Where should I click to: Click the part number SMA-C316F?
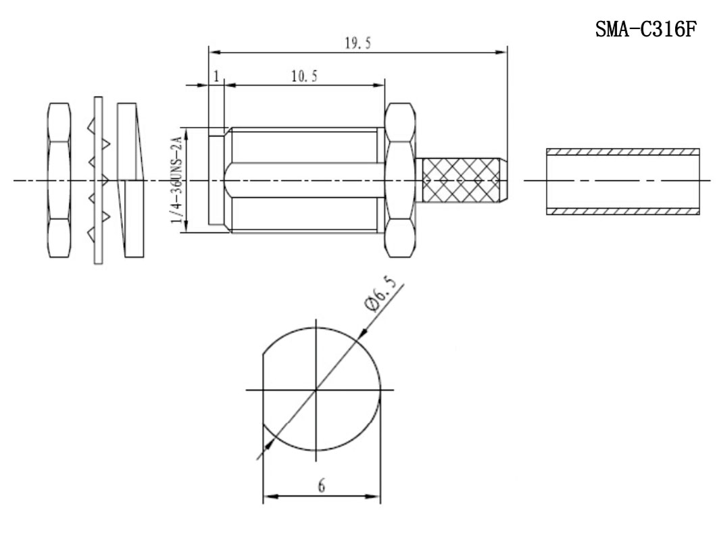pyautogui.click(x=645, y=29)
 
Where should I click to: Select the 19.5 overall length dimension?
pyautogui.click(x=357, y=43)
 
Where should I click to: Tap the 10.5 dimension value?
pyautogui.click(x=304, y=76)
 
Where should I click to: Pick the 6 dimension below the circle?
pyautogui.click(x=322, y=486)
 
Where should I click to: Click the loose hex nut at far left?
pyautogui.click(x=59, y=180)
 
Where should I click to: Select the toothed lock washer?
pyautogui.click(x=98, y=180)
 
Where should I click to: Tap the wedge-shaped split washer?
pyautogui.click(x=130, y=180)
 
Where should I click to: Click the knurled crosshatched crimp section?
pyautogui.click(x=461, y=180)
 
